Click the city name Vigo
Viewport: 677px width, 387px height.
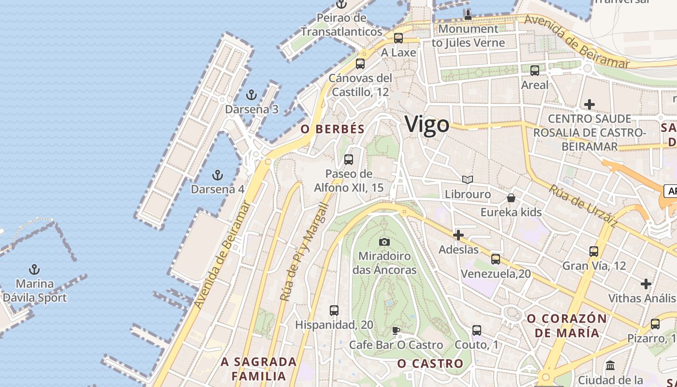click(x=427, y=124)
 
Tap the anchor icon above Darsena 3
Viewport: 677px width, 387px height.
click(x=251, y=95)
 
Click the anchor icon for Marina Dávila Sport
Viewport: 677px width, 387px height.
click(x=34, y=269)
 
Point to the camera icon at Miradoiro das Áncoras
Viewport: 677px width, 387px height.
click(x=384, y=241)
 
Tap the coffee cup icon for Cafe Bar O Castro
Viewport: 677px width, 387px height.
click(x=396, y=330)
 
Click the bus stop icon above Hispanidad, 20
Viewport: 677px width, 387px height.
click(x=334, y=310)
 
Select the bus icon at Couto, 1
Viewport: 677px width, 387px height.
click(x=477, y=330)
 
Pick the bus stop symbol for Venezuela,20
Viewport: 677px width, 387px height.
click(x=496, y=259)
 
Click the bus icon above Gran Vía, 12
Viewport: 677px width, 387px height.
click(x=594, y=251)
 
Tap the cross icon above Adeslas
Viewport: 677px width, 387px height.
click(x=458, y=236)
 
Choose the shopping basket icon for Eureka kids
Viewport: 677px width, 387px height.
click(x=511, y=197)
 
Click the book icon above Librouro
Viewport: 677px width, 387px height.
click(x=467, y=179)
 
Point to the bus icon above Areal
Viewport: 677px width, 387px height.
click(x=535, y=71)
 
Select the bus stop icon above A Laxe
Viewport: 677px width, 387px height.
click(x=398, y=38)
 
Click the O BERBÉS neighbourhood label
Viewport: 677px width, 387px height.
click(x=332, y=129)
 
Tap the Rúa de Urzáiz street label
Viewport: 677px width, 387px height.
click(x=583, y=206)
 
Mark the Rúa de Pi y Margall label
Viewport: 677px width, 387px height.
click(x=304, y=252)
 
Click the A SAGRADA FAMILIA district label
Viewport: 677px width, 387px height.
click(x=259, y=369)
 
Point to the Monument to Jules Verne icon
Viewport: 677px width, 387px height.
click(x=468, y=15)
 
